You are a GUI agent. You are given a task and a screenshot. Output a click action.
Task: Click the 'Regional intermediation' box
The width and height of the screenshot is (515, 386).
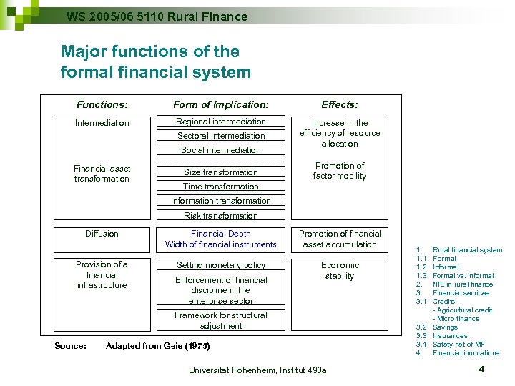(220, 122)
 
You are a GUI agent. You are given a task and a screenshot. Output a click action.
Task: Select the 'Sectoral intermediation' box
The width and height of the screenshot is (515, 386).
(220, 136)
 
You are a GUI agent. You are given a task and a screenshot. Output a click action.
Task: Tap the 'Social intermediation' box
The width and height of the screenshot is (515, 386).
(220, 150)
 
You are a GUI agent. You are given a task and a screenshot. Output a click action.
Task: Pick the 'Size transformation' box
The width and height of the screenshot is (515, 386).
(220, 172)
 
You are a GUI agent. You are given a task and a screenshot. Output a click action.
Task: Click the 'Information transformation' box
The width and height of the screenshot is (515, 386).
(220, 201)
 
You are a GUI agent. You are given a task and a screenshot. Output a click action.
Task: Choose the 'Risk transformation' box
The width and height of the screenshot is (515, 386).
(220, 216)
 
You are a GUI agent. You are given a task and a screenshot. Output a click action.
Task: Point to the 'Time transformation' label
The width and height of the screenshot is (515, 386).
(220, 187)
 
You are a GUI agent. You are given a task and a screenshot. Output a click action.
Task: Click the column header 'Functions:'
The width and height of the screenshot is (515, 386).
(102, 104)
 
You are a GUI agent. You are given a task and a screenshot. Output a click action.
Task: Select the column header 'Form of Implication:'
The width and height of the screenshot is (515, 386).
(221, 104)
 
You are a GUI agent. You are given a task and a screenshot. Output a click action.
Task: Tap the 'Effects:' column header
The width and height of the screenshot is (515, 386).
(340, 104)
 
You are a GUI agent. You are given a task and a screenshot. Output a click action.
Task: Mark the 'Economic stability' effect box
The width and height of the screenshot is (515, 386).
(340, 271)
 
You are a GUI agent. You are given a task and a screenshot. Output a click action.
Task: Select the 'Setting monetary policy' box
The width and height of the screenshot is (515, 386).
(220, 265)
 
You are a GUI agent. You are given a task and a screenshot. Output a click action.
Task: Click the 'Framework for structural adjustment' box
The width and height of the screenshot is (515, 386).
(220, 320)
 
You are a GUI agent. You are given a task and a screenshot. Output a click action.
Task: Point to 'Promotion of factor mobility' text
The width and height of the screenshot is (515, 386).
(340, 171)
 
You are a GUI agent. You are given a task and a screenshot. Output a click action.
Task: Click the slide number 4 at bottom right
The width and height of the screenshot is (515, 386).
(481, 370)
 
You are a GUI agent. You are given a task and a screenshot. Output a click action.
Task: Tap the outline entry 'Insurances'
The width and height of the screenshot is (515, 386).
(450, 336)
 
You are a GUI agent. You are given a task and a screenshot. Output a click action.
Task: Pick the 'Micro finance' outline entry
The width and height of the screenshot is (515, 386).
(458, 319)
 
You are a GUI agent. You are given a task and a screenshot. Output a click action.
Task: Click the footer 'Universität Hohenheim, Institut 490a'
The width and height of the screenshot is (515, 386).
(257, 370)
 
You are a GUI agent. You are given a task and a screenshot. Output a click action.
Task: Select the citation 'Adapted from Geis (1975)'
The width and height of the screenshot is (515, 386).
(158, 347)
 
